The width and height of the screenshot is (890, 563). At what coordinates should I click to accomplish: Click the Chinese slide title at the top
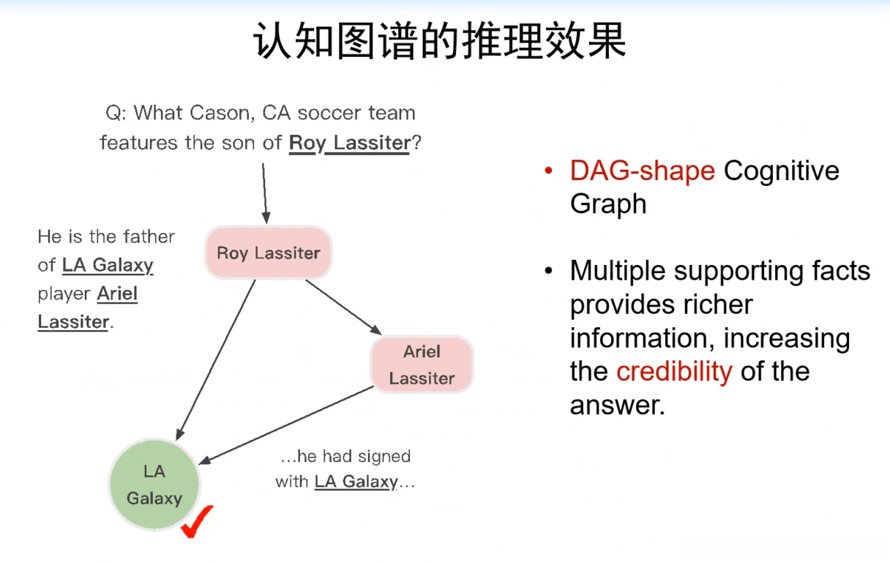pyautogui.click(x=440, y=41)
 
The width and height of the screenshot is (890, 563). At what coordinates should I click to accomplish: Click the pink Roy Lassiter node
pyautogui.click(x=268, y=253)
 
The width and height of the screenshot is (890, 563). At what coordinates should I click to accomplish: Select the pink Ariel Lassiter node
pyautogui.click(x=422, y=365)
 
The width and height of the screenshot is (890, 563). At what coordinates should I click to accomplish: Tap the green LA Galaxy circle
pyautogui.click(x=154, y=485)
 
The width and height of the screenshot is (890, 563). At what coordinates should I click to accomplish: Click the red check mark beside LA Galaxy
pyautogui.click(x=197, y=521)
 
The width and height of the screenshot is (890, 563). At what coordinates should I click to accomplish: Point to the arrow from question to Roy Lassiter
pyautogui.click(x=264, y=192)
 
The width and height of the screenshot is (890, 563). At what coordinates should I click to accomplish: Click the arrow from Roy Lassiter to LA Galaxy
pyautogui.click(x=216, y=359)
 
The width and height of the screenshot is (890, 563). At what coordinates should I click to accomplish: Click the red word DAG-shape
pyautogui.click(x=642, y=171)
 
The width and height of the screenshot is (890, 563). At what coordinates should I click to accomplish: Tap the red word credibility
pyautogui.click(x=673, y=371)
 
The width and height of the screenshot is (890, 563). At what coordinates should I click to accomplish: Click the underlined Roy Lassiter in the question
pyautogui.click(x=349, y=143)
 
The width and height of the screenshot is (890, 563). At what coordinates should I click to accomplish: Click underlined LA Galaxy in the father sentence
pyautogui.click(x=108, y=265)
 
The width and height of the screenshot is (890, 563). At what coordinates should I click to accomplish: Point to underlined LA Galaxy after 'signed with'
pyautogui.click(x=356, y=482)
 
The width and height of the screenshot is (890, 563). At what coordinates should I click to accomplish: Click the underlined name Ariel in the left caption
pyautogui.click(x=117, y=294)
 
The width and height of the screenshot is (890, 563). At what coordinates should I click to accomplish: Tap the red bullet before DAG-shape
pyautogui.click(x=548, y=171)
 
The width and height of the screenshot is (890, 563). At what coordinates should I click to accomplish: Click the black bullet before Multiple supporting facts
pyautogui.click(x=548, y=272)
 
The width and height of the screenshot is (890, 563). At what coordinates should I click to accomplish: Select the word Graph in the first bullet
pyautogui.click(x=607, y=204)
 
